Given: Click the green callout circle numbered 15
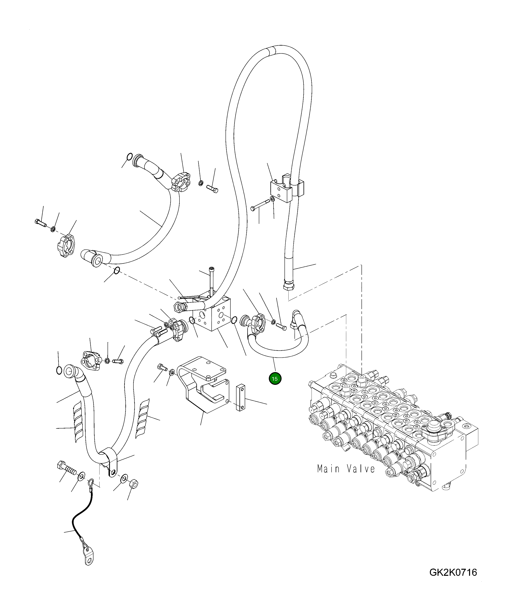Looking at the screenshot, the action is [x=275, y=379].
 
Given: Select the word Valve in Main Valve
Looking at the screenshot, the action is [x=361, y=469].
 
